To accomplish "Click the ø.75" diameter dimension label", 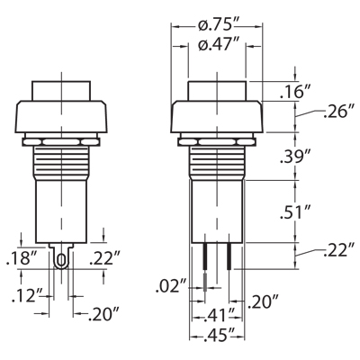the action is pos(216,26).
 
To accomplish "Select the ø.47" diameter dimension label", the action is pos(216,45).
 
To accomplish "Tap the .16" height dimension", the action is pos(292,92).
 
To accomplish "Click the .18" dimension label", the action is pos(22,258).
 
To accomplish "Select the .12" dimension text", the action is pos(25,296).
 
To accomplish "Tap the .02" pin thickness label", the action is pos(171,286).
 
